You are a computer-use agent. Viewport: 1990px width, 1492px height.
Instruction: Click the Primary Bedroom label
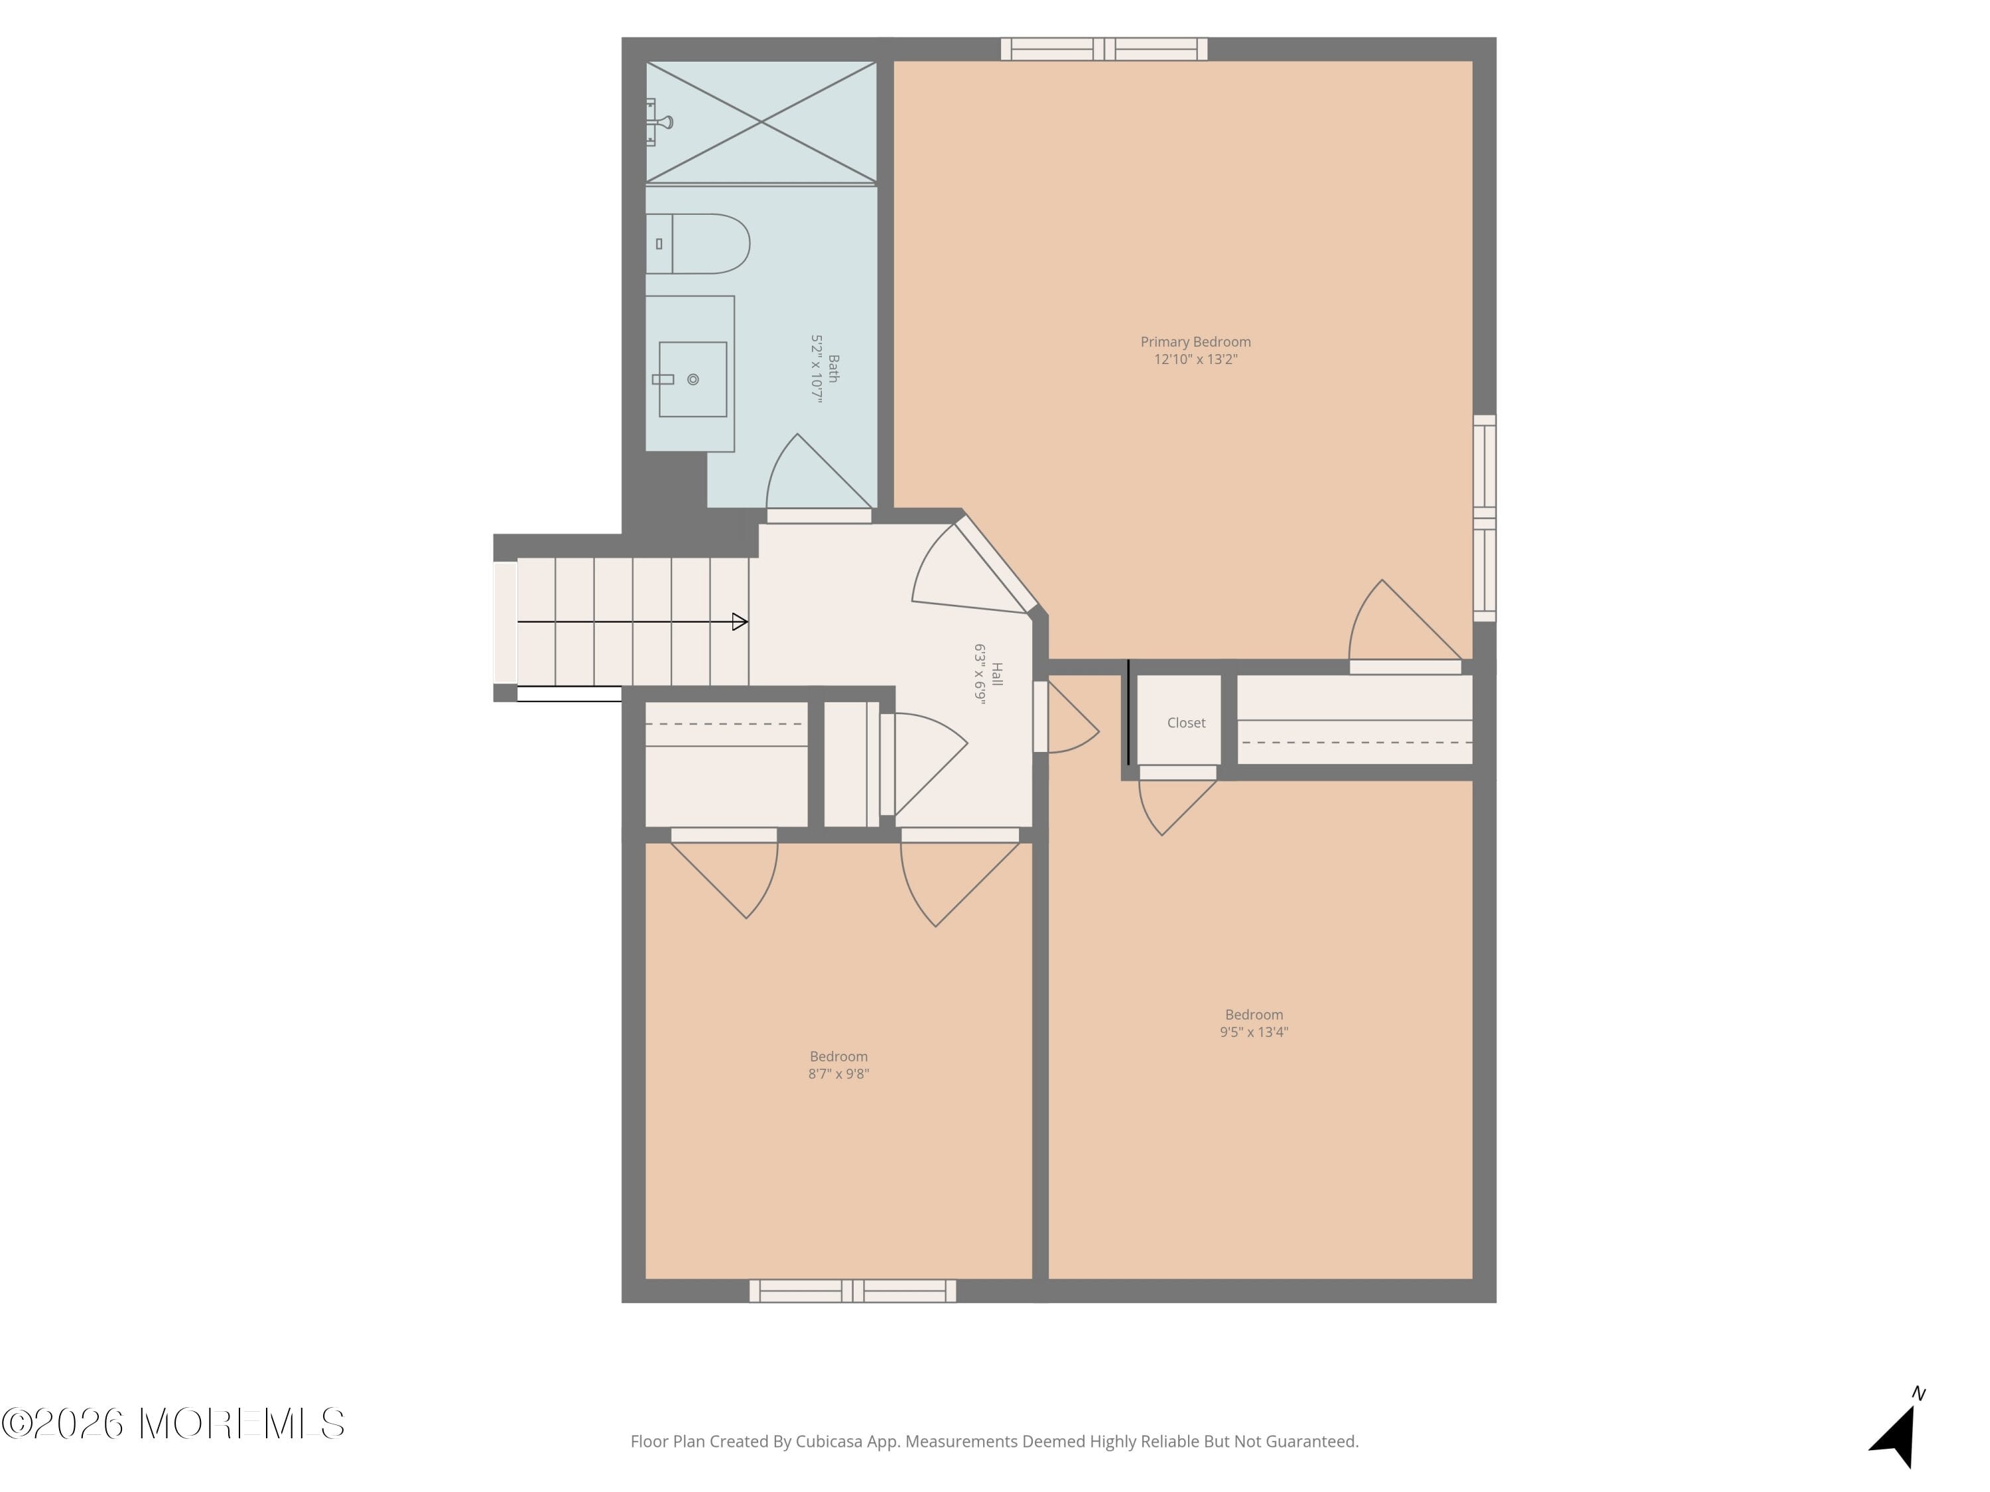point(1195,342)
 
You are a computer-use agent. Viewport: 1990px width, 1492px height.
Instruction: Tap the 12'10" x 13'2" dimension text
point(1195,359)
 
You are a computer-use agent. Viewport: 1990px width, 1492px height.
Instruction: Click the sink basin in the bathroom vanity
point(692,379)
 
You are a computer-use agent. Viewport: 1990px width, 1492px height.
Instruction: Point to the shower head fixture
point(661,122)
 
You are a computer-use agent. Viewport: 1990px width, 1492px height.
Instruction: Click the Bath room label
point(833,369)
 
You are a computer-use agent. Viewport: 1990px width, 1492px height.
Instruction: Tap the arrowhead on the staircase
point(740,621)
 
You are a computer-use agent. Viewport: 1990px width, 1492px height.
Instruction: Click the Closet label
point(1186,723)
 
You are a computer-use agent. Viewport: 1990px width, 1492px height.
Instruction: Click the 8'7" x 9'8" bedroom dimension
point(838,1074)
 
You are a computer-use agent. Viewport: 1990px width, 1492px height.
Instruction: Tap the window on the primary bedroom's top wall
point(1104,50)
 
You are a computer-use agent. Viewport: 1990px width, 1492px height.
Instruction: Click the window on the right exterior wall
point(1485,518)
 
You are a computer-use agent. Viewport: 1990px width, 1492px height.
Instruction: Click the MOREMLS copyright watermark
point(172,1424)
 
